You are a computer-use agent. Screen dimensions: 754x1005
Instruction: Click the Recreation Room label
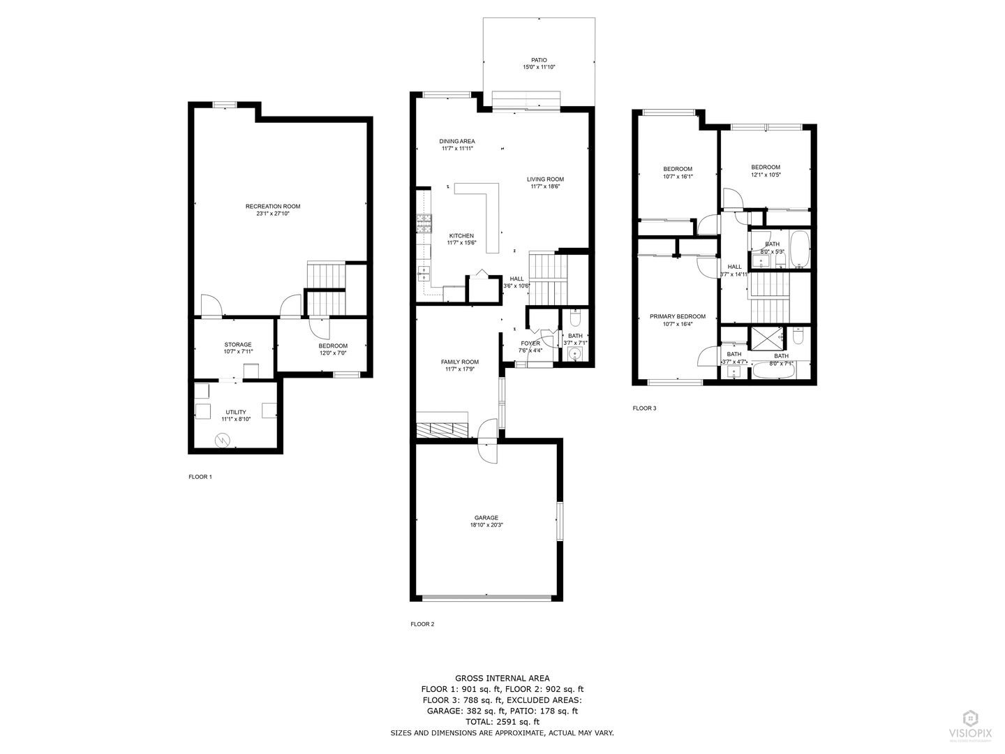tap(272, 206)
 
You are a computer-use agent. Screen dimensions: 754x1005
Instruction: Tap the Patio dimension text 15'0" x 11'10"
tap(539, 67)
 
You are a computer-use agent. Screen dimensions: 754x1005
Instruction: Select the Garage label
tap(486, 517)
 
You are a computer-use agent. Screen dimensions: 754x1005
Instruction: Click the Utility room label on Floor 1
tap(236, 412)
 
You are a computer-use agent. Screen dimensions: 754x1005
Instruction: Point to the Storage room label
tap(237, 344)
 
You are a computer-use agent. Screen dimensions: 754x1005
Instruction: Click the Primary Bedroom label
tap(677, 316)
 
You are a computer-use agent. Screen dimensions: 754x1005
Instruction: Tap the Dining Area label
tap(457, 141)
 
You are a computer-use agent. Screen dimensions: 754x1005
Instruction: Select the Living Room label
tap(545, 179)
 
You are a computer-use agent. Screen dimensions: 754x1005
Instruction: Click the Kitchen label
tap(461, 236)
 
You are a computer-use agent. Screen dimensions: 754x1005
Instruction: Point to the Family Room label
tap(459, 362)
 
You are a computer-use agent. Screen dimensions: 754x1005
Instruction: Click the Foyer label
tap(530, 343)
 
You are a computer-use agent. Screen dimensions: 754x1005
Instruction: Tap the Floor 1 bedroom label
tap(333, 346)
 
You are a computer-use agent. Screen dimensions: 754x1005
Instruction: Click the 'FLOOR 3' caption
tap(644, 408)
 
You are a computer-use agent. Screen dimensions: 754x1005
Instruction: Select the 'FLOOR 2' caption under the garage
tap(422, 624)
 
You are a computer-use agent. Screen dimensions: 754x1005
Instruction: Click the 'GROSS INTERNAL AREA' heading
tap(502, 678)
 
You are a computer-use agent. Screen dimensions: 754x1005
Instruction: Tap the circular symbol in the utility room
tap(222, 440)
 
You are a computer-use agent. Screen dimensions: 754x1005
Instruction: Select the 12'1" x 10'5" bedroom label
tap(766, 167)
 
